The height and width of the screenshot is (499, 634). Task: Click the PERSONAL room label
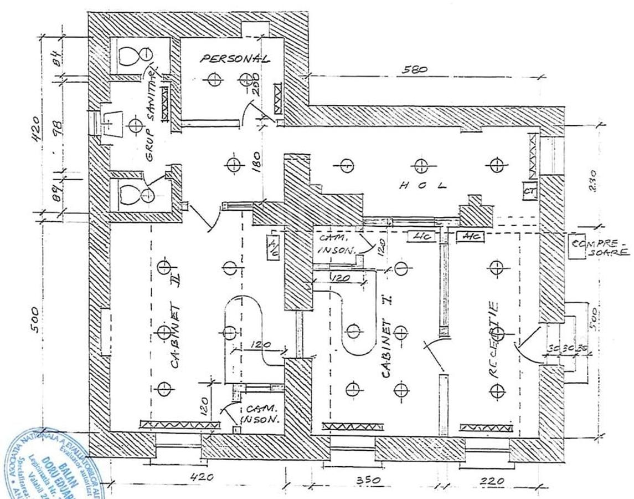235,59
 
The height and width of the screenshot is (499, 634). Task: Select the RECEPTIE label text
494,339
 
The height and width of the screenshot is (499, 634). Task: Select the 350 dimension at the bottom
367,480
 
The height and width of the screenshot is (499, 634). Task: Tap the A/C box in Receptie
471,237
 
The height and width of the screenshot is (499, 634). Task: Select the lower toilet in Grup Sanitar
135,195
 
